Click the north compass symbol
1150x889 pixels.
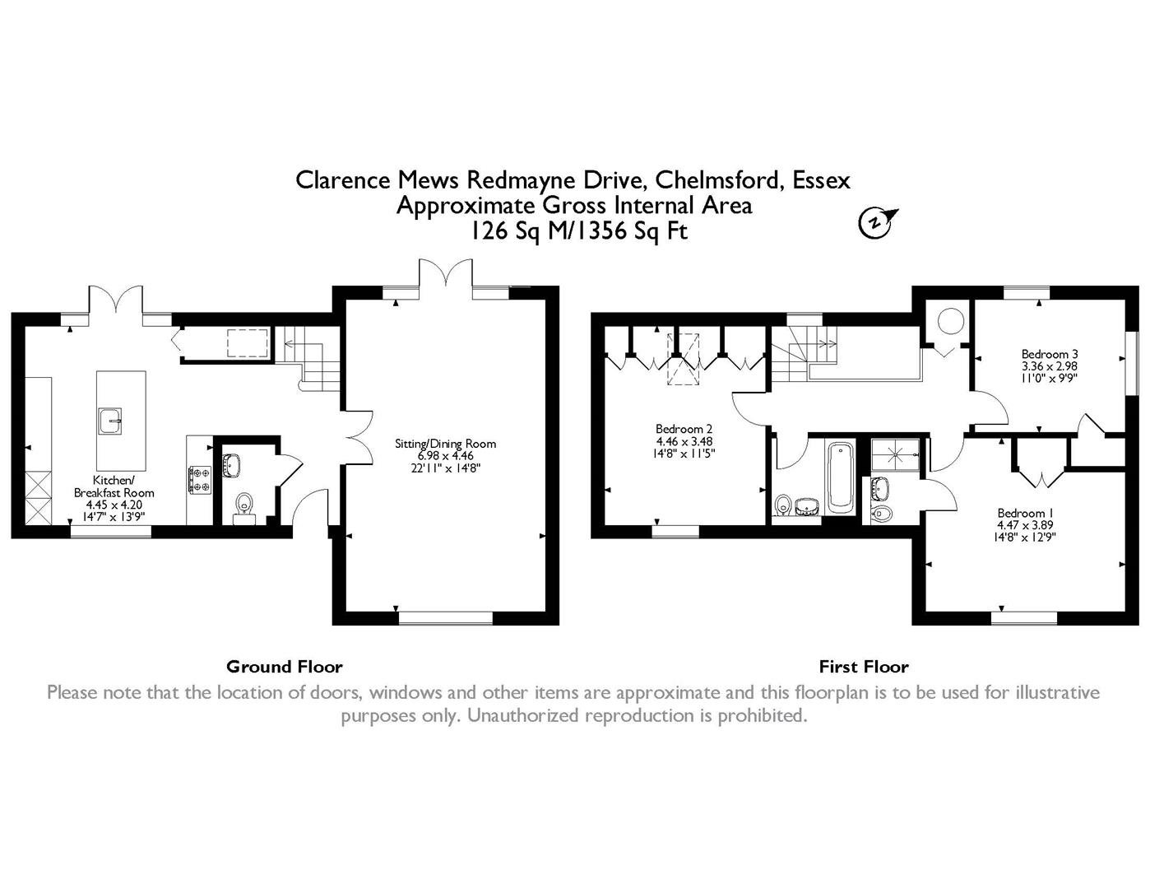[876, 222]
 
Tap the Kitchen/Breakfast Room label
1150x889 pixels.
[114, 486]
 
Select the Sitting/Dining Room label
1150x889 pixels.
[446, 444]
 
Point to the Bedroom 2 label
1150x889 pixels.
[684, 429]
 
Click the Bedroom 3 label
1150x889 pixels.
[1050, 354]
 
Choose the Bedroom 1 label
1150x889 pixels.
[1025, 513]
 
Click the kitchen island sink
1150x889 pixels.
[109, 421]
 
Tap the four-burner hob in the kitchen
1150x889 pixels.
[199, 479]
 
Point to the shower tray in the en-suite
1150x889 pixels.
[897, 454]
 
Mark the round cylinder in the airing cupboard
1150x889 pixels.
[951, 321]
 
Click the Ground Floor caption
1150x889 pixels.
[284, 667]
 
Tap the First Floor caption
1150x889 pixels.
[864, 667]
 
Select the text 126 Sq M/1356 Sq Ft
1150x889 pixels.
[579, 231]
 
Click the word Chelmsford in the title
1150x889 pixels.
[720, 180]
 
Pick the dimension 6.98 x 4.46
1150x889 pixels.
[446, 456]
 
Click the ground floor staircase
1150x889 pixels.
[308, 358]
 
